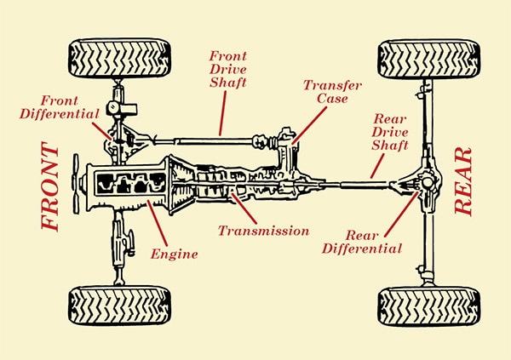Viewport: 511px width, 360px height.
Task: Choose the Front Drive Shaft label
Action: (227, 71)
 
